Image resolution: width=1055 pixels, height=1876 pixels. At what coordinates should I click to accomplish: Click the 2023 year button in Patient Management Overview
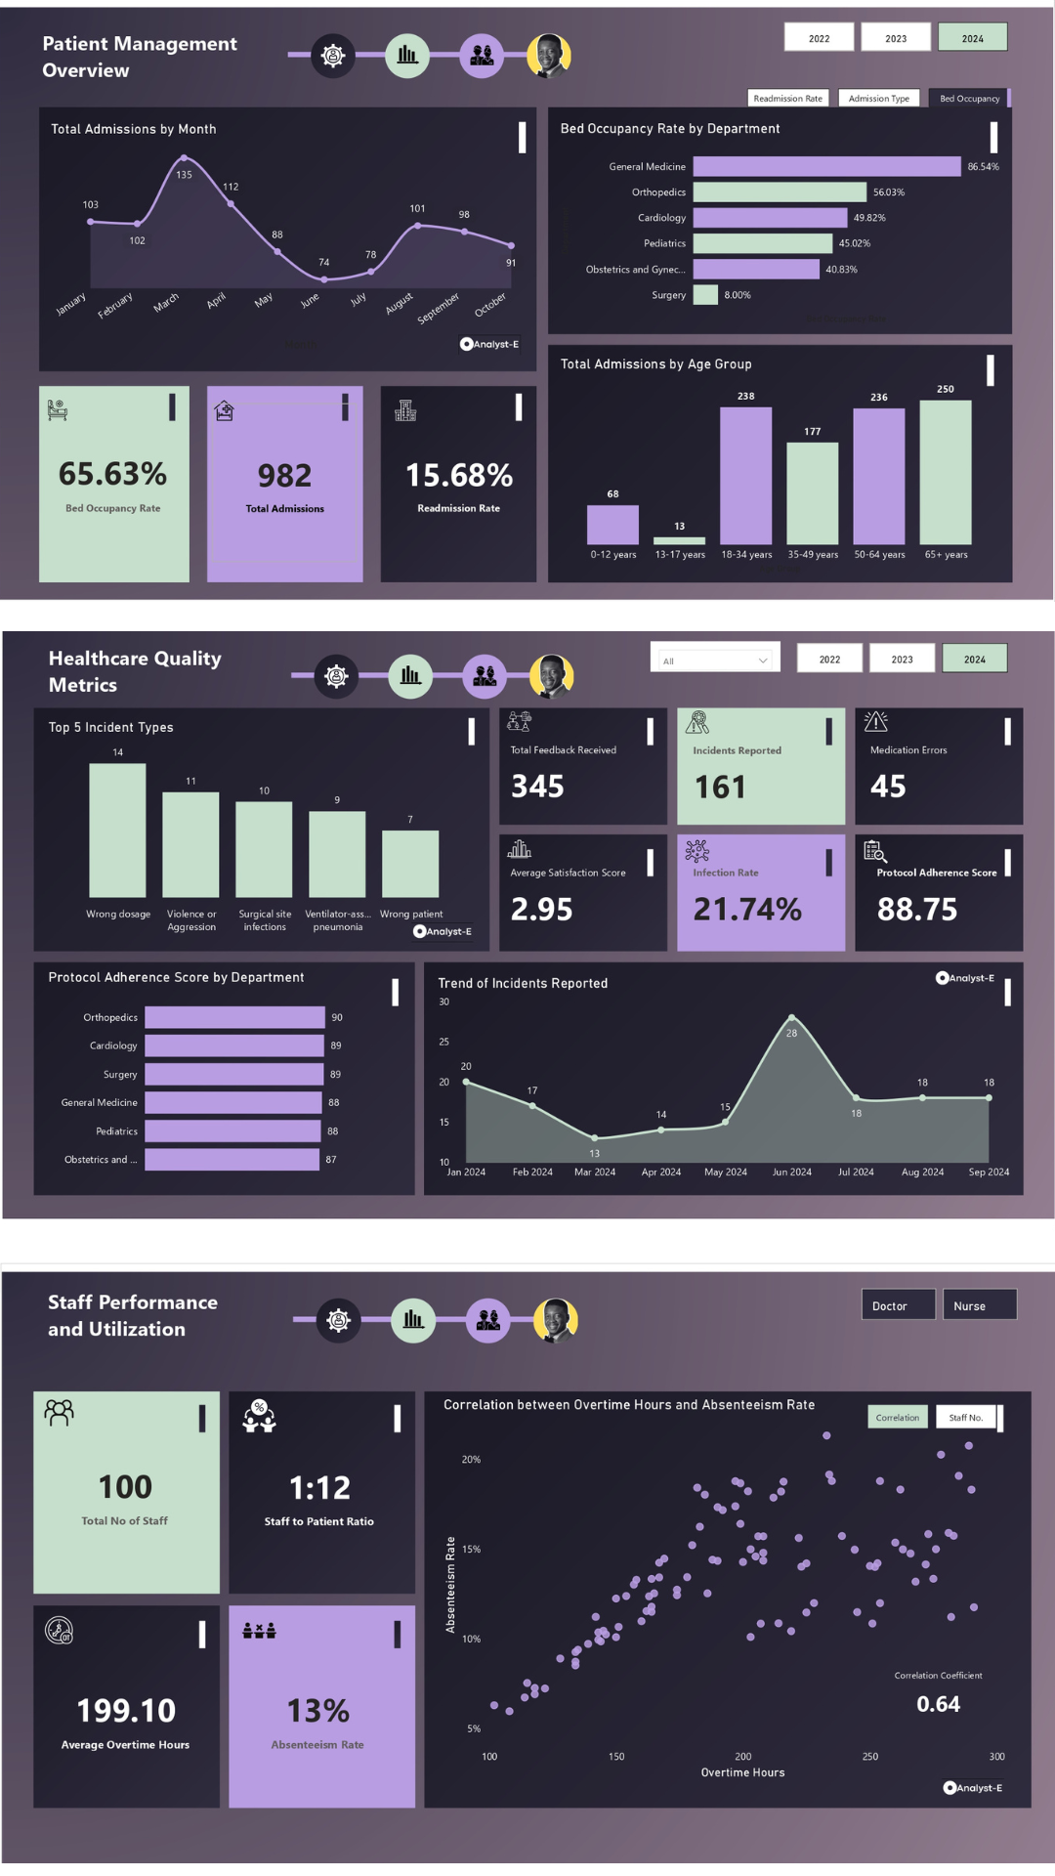896,38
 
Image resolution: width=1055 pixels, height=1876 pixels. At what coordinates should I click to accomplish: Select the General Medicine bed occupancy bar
826,167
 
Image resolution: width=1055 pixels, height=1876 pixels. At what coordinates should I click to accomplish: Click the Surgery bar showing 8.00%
705,295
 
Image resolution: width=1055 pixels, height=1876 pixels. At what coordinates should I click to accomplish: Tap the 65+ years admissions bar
946,472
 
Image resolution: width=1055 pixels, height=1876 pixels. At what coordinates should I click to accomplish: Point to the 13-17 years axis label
680,555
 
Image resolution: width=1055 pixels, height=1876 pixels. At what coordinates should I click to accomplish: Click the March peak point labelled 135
184,158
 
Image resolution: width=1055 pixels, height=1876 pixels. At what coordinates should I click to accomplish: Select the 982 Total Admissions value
284,476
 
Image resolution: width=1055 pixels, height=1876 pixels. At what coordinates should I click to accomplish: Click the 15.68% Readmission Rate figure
459,476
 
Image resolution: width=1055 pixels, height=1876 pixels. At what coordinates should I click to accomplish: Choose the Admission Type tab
878,99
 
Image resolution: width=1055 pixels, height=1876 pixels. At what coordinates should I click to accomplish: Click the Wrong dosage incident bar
117,831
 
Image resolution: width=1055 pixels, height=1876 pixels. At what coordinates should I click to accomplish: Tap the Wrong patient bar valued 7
410,864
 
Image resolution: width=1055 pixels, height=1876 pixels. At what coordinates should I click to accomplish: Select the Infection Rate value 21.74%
747,910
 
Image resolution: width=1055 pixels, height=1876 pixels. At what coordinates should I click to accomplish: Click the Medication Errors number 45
888,787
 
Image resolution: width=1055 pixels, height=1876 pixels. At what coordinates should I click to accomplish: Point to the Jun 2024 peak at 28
791,1018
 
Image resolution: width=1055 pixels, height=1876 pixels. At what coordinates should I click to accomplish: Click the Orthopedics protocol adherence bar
234,1018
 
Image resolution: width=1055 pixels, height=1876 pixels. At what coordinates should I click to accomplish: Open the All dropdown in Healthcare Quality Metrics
714,661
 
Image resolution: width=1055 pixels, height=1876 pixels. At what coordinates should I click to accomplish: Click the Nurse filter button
979,1305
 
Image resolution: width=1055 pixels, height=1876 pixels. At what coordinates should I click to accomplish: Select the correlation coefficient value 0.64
938,1704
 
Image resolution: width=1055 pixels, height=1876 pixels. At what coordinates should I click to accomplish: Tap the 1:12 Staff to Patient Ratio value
319,1488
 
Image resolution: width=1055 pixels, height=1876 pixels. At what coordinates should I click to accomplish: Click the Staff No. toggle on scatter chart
966,1418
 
